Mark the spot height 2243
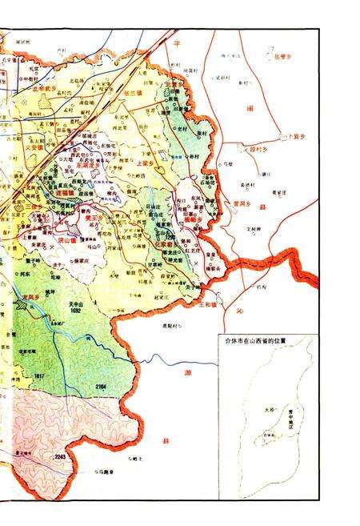click(x=59, y=456)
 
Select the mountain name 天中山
click(x=99, y=304)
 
